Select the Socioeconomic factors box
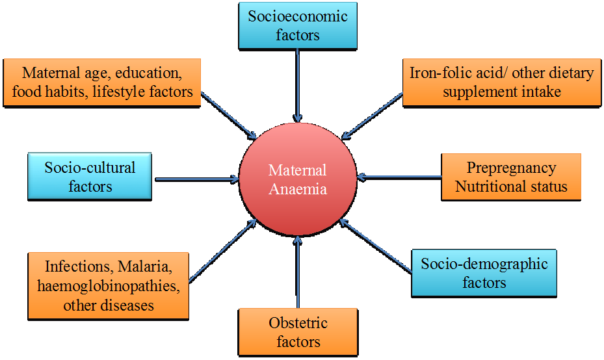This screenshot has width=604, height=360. pyautogui.click(x=298, y=25)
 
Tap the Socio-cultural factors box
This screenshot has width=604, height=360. pyautogui.click(x=90, y=176)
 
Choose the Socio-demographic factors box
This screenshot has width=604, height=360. pyautogui.click(x=484, y=273)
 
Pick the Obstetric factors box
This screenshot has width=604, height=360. pyautogui.click(x=298, y=331)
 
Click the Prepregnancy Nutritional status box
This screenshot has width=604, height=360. pyautogui.click(x=511, y=177)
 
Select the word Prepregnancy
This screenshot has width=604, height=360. pyautogui.click(x=511, y=168)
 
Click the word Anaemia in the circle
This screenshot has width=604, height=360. pyautogui.click(x=298, y=190)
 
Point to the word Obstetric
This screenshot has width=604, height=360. pyautogui.click(x=298, y=323)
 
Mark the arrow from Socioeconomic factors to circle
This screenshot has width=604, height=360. pyautogui.click(x=298, y=84)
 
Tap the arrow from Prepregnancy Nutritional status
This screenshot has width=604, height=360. pyautogui.click(x=400, y=176)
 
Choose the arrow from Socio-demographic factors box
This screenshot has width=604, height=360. pyautogui.click(x=377, y=248)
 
